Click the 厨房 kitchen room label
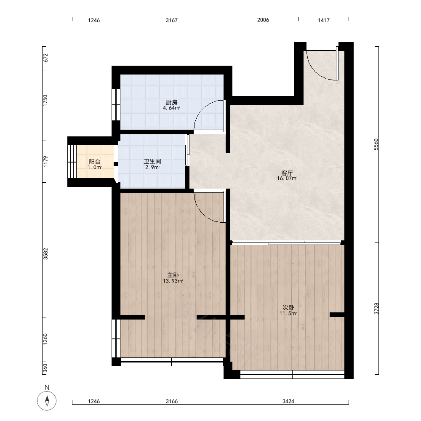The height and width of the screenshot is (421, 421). pyautogui.click(x=172, y=102)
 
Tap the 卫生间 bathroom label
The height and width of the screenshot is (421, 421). pyautogui.click(x=152, y=161)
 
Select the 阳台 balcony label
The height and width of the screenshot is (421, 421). pyautogui.click(x=95, y=162)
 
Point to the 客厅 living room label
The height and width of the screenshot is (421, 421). pyautogui.click(x=287, y=173)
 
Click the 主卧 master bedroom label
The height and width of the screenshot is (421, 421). pyautogui.click(x=173, y=275)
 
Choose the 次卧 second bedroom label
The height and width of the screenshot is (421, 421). pyautogui.click(x=288, y=307)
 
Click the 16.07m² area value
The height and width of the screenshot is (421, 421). pyautogui.click(x=287, y=178)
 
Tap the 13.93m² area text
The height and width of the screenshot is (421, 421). pyautogui.click(x=173, y=281)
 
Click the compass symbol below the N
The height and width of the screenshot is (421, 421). pyautogui.click(x=47, y=401)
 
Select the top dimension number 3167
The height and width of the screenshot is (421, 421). pyautogui.click(x=172, y=20)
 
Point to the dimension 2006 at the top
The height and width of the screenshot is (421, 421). pyautogui.click(x=263, y=20)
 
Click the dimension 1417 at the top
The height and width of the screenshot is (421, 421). pyautogui.click(x=323, y=20)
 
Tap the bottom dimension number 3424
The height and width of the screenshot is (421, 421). pyautogui.click(x=288, y=401)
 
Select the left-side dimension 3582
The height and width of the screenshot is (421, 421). pyautogui.click(x=45, y=254)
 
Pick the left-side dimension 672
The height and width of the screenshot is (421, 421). pyautogui.click(x=45, y=58)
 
